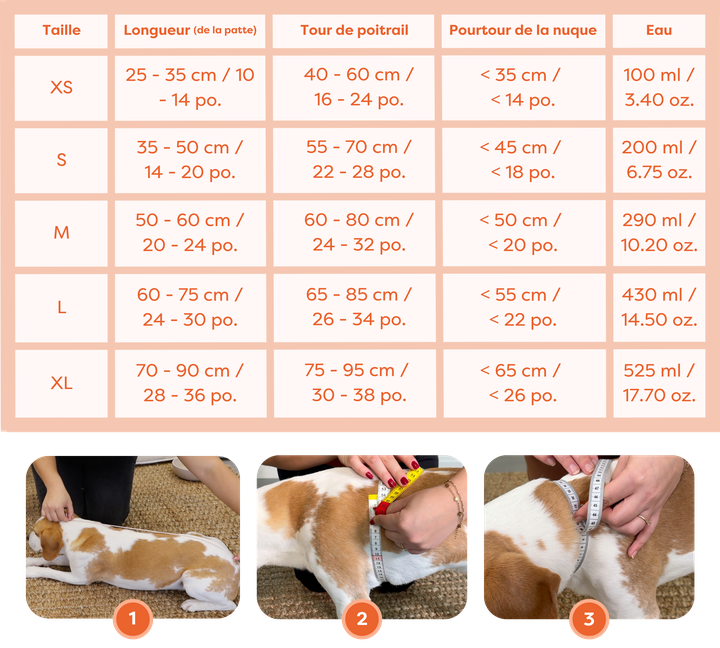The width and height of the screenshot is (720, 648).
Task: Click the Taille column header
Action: coord(61,31)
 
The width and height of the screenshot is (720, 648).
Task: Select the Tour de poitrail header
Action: coord(354,31)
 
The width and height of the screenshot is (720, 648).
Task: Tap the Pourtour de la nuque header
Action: coord(523,31)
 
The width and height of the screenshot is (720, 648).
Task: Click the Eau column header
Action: coord(659,31)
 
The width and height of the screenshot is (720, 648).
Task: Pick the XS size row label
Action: coord(61,88)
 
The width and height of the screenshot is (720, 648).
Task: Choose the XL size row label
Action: coord(61,383)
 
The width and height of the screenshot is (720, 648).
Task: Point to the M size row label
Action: coord(61,233)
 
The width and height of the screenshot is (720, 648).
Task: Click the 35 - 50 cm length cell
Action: coord(190,160)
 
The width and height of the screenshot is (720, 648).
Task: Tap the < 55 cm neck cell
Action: coord(524,307)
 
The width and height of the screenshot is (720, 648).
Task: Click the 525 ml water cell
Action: coord(659,383)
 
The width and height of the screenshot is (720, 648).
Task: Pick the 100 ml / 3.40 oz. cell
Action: coord(659,88)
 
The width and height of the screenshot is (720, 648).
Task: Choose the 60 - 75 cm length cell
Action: coord(190,307)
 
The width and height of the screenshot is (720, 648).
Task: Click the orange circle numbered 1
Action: coord(133,619)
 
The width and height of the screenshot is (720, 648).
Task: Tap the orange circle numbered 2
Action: coord(362,619)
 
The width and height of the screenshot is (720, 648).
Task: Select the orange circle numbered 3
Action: coord(589,619)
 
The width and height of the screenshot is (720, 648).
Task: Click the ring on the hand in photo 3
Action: coord(644,519)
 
